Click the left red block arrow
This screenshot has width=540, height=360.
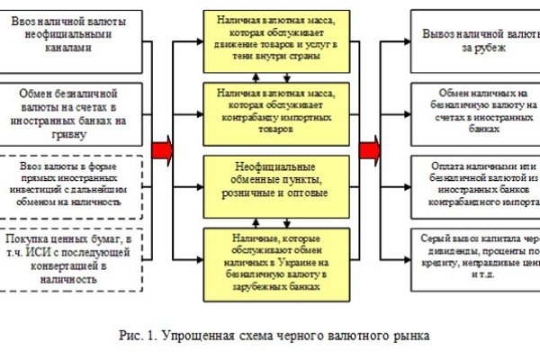pos(163,148)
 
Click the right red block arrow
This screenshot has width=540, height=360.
pos(369,148)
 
